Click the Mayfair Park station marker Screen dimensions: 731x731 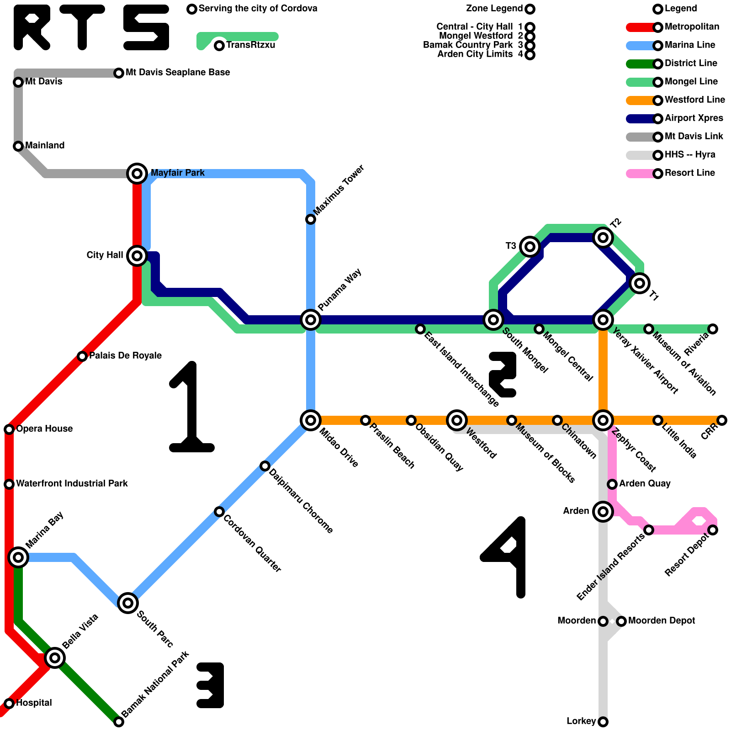tap(137, 173)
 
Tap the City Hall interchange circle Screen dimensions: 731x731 tap(137, 255)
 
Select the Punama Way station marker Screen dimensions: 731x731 tap(311, 319)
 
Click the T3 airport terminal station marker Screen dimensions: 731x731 tap(530, 247)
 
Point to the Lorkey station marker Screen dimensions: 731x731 tap(603, 722)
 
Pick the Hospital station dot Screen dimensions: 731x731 tap(9, 703)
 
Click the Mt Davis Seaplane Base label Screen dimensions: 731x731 tap(178, 72)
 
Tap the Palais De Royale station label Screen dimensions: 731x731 tap(125, 355)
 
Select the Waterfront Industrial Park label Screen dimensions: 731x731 tap(72, 483)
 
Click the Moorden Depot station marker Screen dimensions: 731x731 tap(621, 621)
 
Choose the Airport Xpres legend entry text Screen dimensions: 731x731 tap(694, 118)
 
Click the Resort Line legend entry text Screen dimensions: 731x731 tap(689, 173)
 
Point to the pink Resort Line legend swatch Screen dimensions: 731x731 tap(640, 174)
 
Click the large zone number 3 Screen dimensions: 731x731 tap(211, 685)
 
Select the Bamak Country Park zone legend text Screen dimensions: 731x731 tap(468, 45)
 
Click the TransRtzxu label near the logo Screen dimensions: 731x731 tap(250, 45)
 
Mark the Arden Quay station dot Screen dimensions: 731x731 tap(612, 484)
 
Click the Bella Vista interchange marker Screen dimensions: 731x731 tap(55, 657)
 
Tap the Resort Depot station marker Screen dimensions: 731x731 tap(713, 530)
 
